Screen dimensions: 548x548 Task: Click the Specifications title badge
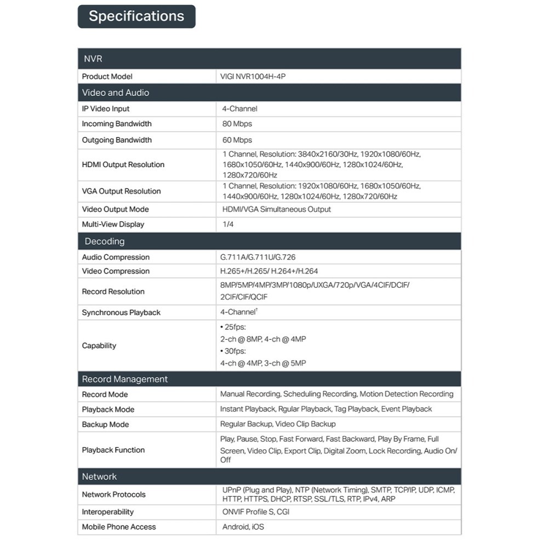[136, 16]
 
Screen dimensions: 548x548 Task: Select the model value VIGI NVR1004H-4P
[253, 77]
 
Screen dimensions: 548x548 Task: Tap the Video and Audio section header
[116, 93]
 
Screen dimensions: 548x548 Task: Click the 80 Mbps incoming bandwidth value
[237, 124]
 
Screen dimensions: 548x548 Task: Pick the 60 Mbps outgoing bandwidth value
[237, 140]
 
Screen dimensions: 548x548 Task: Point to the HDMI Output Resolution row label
[123, 164]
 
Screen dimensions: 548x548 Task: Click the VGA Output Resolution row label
[121, 191]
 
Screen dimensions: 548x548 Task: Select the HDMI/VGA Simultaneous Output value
[276, 209]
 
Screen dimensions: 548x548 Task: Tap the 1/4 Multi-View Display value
[228, 224]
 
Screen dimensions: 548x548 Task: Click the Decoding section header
[104, 241]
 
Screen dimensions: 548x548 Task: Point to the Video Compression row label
[116, 271]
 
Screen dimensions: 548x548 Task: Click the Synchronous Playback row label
[121, 312]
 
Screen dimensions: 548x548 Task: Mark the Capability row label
[99, 346]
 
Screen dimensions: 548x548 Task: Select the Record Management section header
[125, 379]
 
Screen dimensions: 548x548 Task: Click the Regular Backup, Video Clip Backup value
[278, 424]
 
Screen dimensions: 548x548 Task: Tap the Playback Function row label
[113, 450]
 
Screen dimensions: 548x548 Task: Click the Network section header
[99, 477]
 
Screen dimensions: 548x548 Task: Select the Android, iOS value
[243, 527]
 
